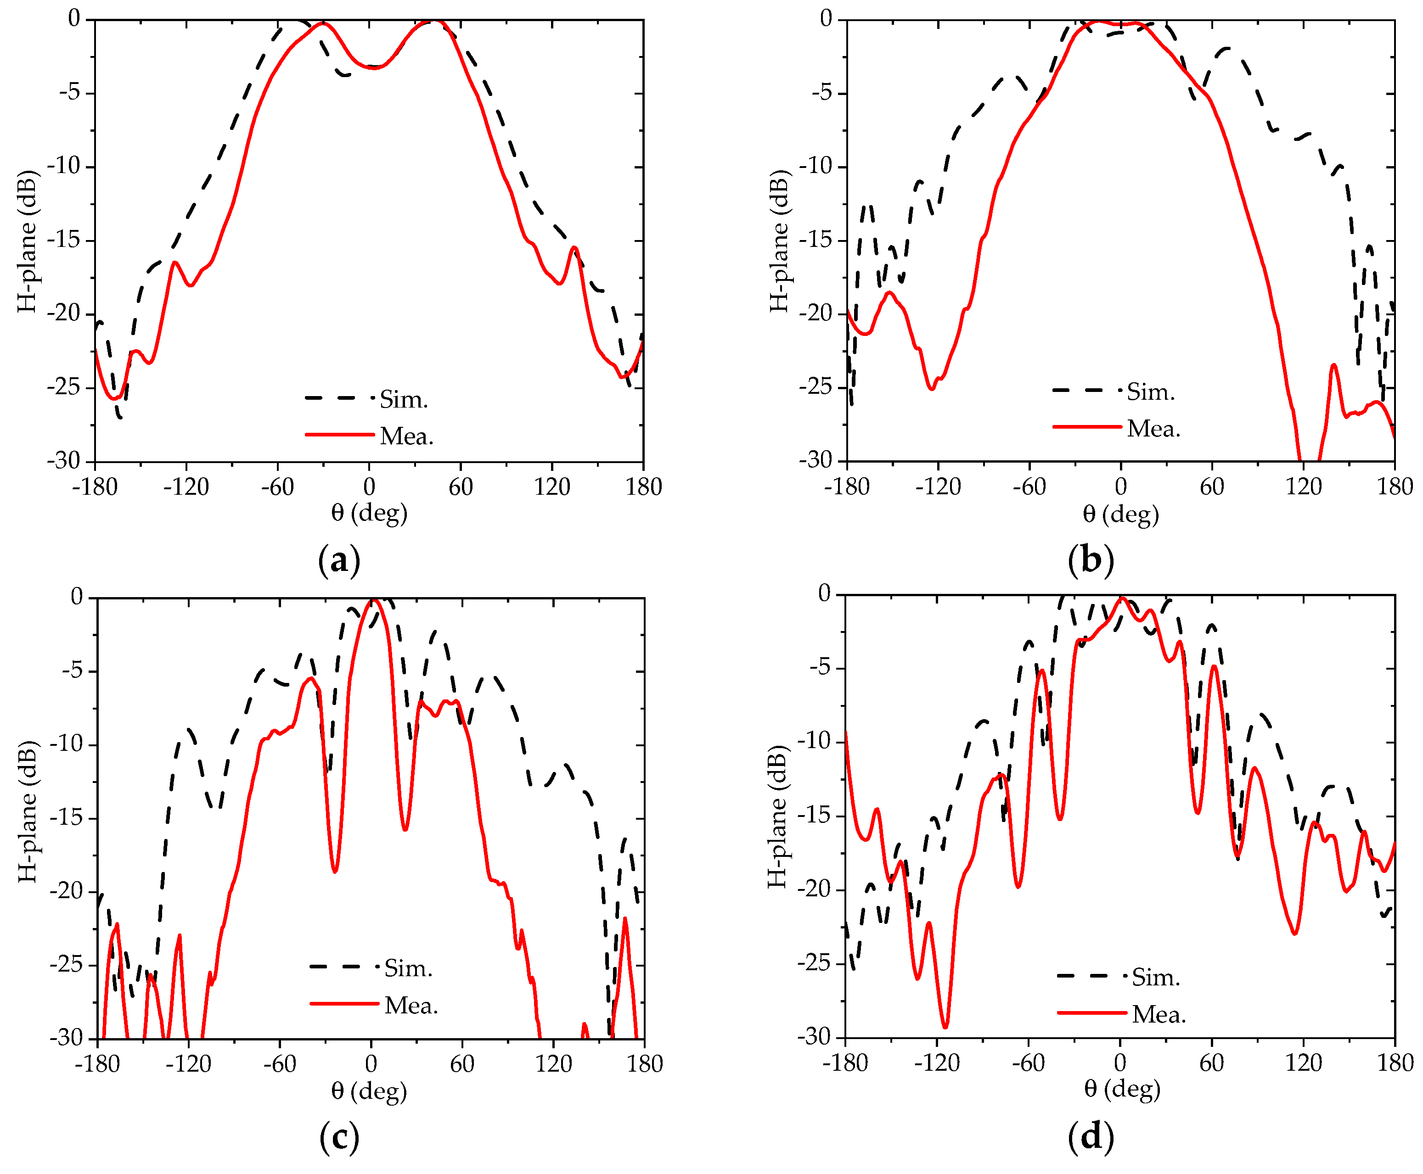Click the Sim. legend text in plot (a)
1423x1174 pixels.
tap(403, 400)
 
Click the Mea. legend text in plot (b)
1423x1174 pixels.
tap(1153, 429)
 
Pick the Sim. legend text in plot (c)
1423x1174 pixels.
tap(408, 968)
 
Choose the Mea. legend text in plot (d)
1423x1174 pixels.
tap(1159, 1014)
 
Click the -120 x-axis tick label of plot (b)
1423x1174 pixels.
tap(938, 487)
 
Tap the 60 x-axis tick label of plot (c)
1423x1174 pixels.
tap(461, 1064)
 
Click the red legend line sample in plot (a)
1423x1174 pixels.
tap(339, 434)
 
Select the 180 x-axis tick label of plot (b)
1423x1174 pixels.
tap(1395, 487)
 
